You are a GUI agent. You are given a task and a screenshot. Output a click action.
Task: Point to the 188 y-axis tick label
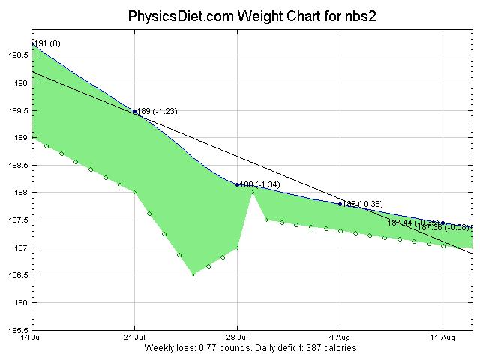tap(20, 193)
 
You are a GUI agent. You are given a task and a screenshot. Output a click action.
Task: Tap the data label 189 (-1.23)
tap(157, 111)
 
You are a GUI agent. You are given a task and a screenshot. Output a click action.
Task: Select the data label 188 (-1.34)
tap(260, 184)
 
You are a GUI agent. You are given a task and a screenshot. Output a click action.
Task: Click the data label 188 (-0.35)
tap(363, 204)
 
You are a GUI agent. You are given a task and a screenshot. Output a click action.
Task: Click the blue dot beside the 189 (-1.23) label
tap(135, 111)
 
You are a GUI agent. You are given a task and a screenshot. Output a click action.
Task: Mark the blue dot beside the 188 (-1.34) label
tap(238, 184)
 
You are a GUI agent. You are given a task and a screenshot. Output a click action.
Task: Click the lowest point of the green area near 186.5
tap(193, 274)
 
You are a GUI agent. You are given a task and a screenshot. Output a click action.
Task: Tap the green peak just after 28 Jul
tap(253, 193)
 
